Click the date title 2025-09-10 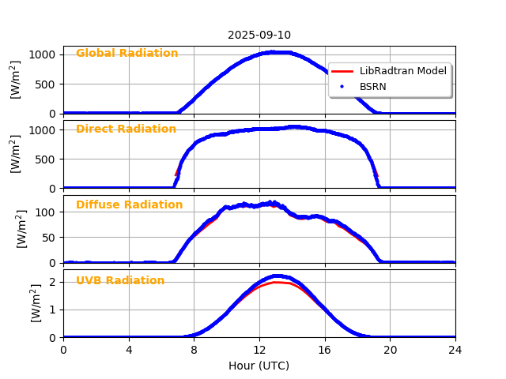click(x=259, y=35)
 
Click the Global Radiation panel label click(x=126, y=54)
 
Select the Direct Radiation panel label click(x=126, y=129)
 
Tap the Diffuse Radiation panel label click(x=129, y=205)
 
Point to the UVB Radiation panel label click(x=120, y=281)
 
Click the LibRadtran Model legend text click(x=403, y=71)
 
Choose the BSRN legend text click(x=373, y=87)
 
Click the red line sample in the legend click(x=342, y=71)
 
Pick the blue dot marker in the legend click(x=342, y=87)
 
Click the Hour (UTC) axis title click(x=259, y=366)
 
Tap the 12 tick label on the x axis click(x=259, y=350)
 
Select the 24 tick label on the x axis click(x=455, y=350)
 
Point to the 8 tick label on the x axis click(x=194, y=350)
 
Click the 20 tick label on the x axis click(x=390, y=350)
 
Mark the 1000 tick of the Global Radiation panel click(x=43, y=54)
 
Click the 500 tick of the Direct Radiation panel click(x=47, y=159)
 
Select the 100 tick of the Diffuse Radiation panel click(x=47, y=212)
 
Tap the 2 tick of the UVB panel click(x=54, y=282)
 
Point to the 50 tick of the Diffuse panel click(x=50, y=238)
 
